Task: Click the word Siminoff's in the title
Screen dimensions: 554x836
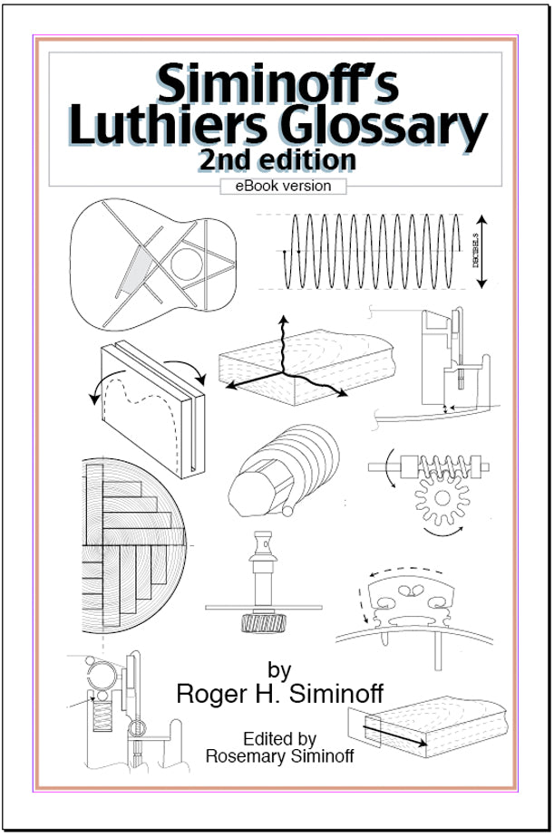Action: [x=277, y=83]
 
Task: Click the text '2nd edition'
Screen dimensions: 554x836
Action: [x=277, y=160]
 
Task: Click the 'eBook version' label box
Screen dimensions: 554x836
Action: [x=283, y=186]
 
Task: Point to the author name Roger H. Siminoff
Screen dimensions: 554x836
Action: [x=279, y=694]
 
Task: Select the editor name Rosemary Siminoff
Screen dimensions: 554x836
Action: [x=279, y=756]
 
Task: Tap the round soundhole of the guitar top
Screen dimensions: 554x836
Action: [x=186, y=264]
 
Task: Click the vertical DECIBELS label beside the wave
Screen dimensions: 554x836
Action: [x=476, y=251]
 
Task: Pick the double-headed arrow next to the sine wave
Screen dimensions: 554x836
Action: [x=481, y=252]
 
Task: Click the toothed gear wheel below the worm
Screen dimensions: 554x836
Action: [x=442, y=498]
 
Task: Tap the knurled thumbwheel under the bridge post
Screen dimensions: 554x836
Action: [x=263, y=623]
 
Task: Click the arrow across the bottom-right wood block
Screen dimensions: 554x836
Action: [x=395, y=735]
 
